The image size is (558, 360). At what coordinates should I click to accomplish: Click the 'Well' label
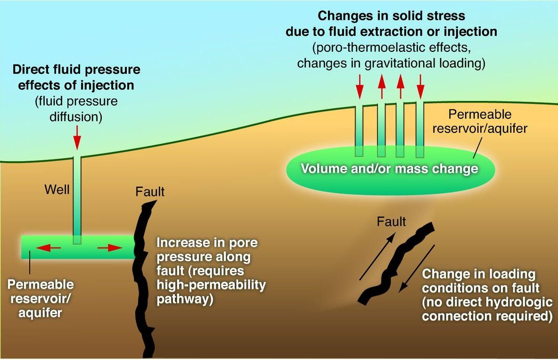pos(57,189)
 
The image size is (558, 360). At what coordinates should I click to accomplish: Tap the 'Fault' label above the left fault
pos(150,192)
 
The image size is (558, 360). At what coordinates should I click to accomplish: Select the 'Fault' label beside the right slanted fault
pos(392,221)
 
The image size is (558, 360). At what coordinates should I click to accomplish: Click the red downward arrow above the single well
pos(77,137)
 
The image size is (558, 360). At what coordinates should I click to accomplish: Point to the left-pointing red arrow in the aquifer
pos(49,247)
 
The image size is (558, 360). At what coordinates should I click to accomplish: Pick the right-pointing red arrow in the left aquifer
pos(110,247)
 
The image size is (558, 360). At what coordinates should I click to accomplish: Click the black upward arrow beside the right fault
pos(377,256)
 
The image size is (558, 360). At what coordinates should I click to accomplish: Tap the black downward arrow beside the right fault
pos(416,269)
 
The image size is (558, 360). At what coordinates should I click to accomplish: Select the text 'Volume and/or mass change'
pos(390,168)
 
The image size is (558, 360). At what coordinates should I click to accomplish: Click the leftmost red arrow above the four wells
pos(360,86)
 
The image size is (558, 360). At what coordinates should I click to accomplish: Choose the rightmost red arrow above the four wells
pos(421,86)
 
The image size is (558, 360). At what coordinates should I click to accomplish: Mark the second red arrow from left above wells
pos(381,86)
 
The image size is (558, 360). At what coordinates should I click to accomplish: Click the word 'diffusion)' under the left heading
pos(76,117)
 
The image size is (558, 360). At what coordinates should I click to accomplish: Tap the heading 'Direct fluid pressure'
pos(76,69)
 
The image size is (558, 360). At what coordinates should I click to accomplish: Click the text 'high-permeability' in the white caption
pos(212,285)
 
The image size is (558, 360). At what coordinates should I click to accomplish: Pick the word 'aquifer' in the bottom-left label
pos(40,313)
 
